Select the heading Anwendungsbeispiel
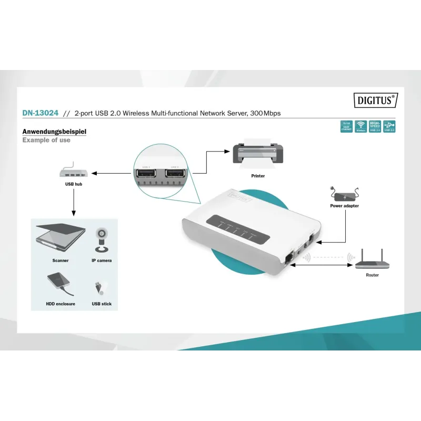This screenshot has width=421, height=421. pyautogui.click(x=54, y=132)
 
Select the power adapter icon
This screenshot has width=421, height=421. pyautogui.click(x=344, y=193)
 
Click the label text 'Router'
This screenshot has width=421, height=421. pyautogui.click(x=372, y=275)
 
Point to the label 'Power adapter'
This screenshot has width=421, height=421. pyautogui.click(x=344, y=206)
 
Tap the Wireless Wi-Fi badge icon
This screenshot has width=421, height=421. pyautogui.click(x=361, y=126)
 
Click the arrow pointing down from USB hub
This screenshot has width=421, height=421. pyautogui.click(x=74, y=203)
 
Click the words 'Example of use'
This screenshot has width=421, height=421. pyautogui.click(x=46, y=141)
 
